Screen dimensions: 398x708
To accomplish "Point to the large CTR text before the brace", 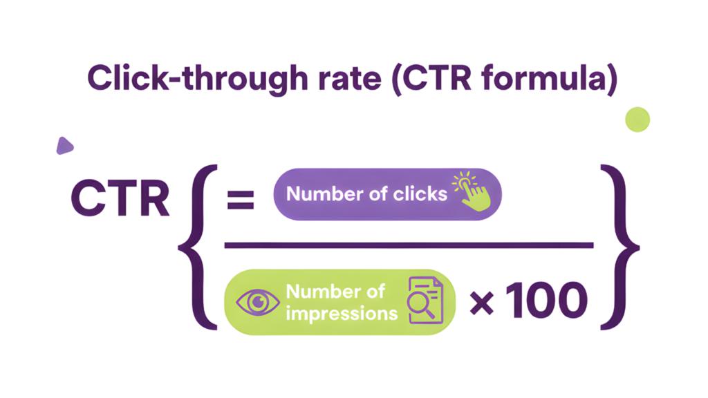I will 120,199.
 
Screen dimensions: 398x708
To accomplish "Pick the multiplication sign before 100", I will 483,302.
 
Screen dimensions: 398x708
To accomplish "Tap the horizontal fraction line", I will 408,244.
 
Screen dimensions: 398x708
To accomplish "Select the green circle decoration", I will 637,120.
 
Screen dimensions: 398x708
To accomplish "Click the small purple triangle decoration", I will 64,145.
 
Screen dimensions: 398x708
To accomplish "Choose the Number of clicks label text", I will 366,194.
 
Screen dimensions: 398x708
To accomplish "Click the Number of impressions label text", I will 341,302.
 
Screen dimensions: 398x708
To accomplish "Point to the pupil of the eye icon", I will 258,302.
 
